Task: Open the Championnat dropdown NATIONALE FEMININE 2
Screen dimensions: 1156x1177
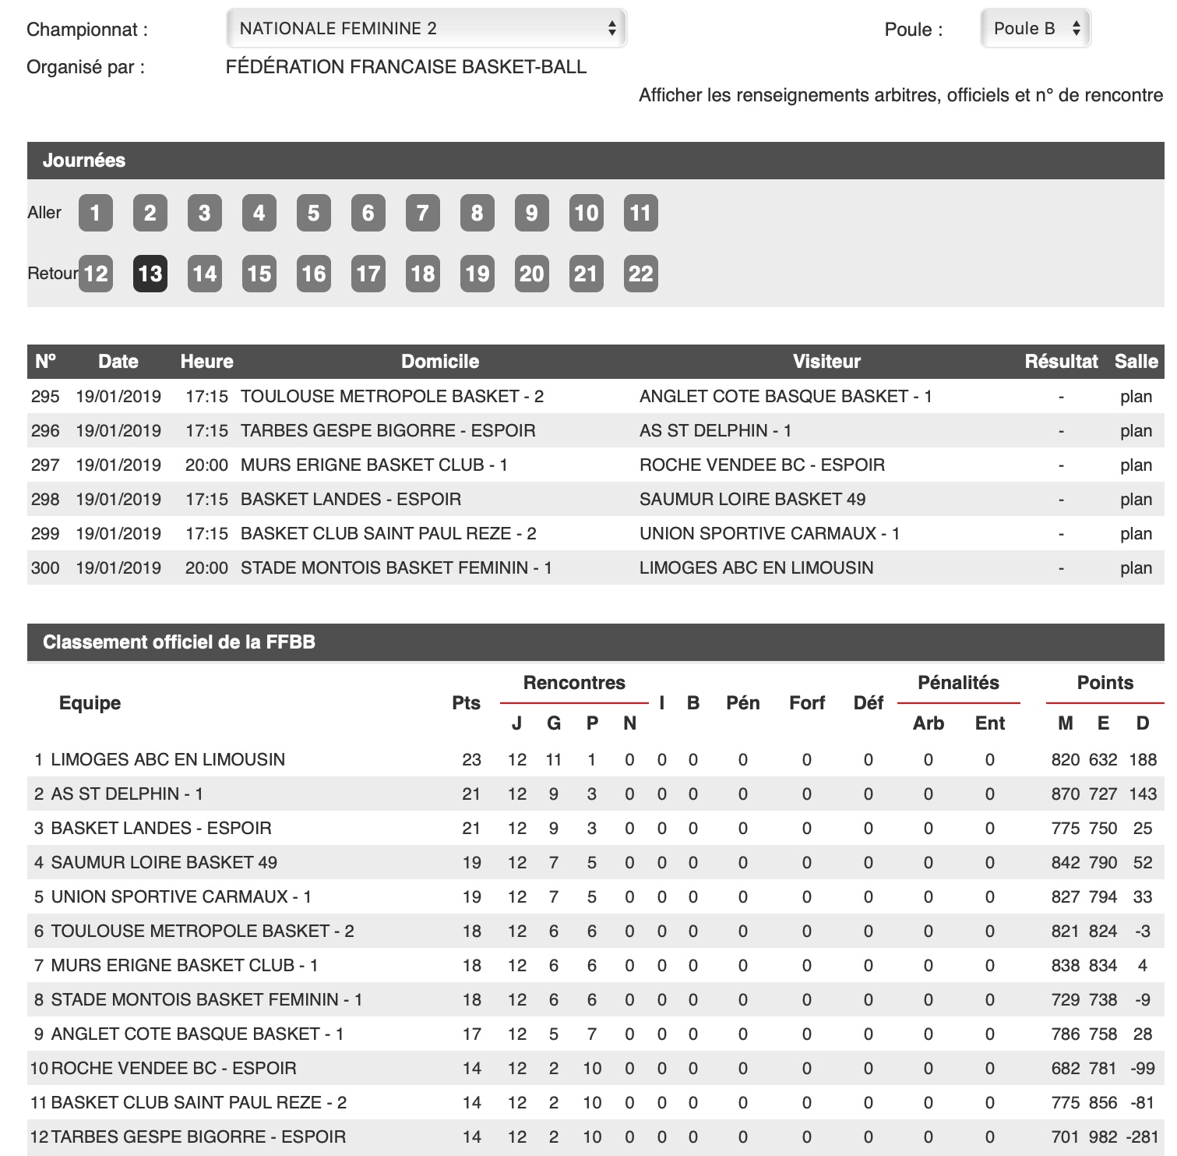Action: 426,29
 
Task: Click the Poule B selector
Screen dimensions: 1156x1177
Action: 1035,29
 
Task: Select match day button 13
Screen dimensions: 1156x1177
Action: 150,274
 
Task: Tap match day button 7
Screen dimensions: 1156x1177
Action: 423,213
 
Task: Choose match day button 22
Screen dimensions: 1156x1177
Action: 640,274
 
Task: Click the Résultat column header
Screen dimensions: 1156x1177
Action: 1060,362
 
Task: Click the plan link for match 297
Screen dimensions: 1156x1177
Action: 1136,465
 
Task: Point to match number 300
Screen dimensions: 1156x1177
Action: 45,568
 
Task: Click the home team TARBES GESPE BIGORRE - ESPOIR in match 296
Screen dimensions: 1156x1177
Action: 388,431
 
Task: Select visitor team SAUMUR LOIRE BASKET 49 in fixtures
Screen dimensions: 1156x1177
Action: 752,500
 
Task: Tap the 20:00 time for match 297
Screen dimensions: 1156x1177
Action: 206,465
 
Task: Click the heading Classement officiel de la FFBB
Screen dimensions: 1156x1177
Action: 179,642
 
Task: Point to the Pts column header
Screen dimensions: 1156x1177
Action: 466,703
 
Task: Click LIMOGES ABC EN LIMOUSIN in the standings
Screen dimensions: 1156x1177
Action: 167,760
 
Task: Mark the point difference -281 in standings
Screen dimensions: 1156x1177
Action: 1142,1137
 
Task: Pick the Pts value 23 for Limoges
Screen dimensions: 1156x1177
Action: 471,760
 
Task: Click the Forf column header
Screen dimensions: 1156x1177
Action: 806,703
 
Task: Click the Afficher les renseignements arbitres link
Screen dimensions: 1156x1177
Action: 900,96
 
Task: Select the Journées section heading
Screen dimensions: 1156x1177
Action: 84,161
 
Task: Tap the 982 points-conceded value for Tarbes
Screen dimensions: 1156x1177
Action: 1103,1137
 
